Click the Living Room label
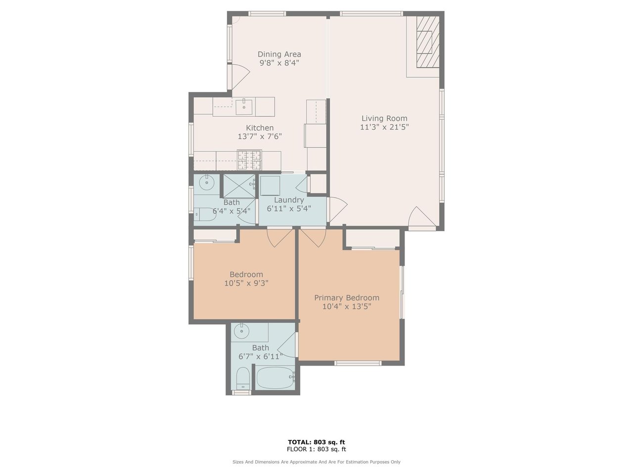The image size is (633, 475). tap(384, 118)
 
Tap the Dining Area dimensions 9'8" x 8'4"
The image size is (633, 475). tap(279, 63)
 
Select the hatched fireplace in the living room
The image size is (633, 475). tap(428, 42)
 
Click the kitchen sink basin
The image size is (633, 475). tap(244, 107)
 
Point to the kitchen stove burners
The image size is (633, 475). tap(249, 160)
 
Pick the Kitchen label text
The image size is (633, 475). tap(260, 128)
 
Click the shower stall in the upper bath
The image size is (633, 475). tap(239, 186)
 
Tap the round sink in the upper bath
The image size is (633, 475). tap(207, 183)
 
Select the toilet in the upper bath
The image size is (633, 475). tap(205, 214)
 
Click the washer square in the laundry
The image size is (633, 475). tap(270, 186)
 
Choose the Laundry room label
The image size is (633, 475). tap(289, 200)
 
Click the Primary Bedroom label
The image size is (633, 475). tap(347, 298)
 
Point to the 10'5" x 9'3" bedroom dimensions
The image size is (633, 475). tap(246, 283)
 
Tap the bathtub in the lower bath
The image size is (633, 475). tap(275, 378)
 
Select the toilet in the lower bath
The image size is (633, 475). tap(243, 379)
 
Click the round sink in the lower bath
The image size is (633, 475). tap(241, 332)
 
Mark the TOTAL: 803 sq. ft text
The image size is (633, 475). tap(316, 442)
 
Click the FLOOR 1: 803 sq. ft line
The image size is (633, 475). tap(316, 449)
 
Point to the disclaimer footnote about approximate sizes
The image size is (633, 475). tap(316, 462)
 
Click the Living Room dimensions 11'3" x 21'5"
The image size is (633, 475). tap(384, 127)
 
